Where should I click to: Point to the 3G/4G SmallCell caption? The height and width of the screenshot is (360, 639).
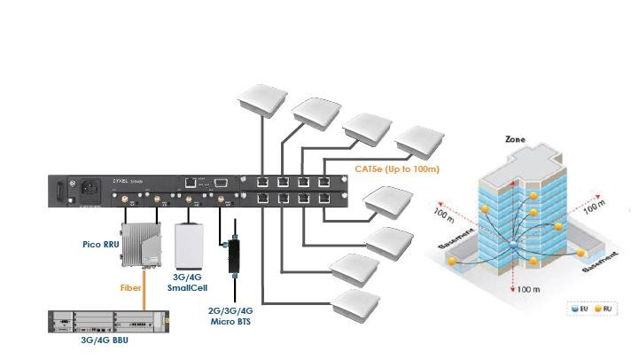[186, 281]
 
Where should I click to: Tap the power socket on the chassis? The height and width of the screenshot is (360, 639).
[90, 188]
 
